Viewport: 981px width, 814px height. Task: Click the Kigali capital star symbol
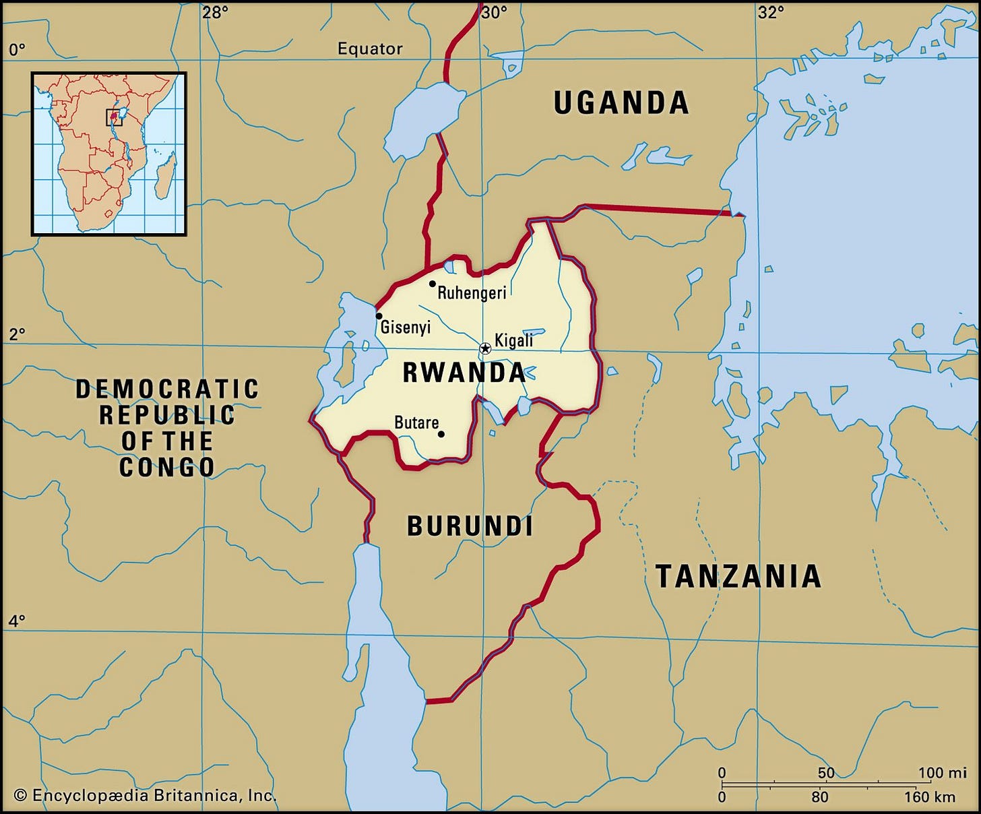point(484,349)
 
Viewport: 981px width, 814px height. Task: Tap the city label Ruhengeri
point(472,292)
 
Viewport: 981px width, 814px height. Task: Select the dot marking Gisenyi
point(379,316)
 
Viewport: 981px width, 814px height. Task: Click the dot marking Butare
point(441,434)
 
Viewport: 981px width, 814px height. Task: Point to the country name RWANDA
point(464,373)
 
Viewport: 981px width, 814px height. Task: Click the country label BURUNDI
point(470,526)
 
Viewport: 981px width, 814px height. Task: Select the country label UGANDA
point(621,103)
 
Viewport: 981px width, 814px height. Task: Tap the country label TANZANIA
point(738,576)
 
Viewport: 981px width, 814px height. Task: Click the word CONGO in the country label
point(166,467)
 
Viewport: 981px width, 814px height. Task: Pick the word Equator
point(370,49)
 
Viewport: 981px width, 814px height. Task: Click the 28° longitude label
point(216,12)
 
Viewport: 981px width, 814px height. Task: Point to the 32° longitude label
point(770,12)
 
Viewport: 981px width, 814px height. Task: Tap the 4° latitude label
point(17,621)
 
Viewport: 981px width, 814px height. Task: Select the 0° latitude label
point(17,49)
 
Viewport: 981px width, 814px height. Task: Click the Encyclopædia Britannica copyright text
point(145,796)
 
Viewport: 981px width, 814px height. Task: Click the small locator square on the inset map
point(114,117)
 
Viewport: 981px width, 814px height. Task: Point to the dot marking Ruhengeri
point(432,284)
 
